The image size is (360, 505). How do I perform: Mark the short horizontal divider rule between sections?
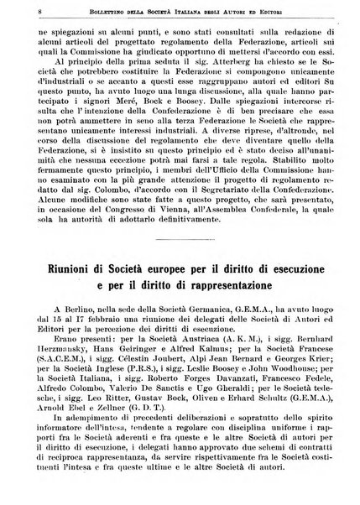(180, 242)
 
